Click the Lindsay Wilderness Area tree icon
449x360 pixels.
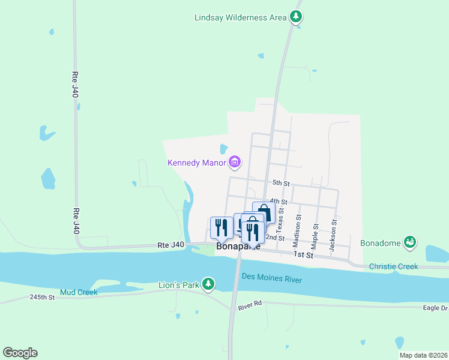[295, 17]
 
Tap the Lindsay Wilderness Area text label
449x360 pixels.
[240, 17]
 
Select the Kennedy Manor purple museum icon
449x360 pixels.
[235, 162]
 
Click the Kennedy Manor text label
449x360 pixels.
[197, 163]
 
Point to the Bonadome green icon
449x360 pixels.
[410, 242]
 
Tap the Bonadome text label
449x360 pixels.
[380, 243]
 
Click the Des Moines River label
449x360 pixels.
[271, 278]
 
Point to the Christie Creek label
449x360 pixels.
[393, 266]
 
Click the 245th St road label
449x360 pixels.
[42, 297]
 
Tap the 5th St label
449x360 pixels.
[280, 183]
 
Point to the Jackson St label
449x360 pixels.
[334, 230]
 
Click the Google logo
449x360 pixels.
[20, 353]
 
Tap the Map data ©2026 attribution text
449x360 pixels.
[423, 355]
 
